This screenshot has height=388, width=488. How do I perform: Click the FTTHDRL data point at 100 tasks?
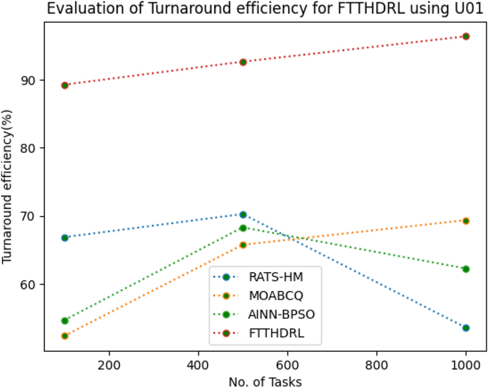pos(65,85)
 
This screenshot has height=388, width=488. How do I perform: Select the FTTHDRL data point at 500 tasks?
pos(243,62)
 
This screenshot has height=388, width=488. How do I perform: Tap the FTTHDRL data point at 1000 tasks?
pos(466,36)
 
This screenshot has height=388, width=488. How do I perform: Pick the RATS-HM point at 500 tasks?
pos(243,214)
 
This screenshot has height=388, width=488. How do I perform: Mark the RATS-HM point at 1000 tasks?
pos(466,327)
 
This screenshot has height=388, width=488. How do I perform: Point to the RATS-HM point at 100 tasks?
pos(65,237)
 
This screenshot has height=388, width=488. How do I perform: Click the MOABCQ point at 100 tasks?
pos(65,336)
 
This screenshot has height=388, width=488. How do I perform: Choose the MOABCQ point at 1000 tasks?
pos(466,220)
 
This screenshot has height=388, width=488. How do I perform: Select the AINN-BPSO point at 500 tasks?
pos(243,228)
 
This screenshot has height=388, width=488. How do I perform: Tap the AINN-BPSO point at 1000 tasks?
pos(466,269)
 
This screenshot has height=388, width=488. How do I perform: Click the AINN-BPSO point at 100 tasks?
pos(65,321)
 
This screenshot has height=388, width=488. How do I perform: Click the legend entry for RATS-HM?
pos(276,277)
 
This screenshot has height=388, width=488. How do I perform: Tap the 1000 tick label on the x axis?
pos(466,364)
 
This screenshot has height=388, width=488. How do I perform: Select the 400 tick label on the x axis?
pos(198,364)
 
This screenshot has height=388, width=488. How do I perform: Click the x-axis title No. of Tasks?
pos(265,381)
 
